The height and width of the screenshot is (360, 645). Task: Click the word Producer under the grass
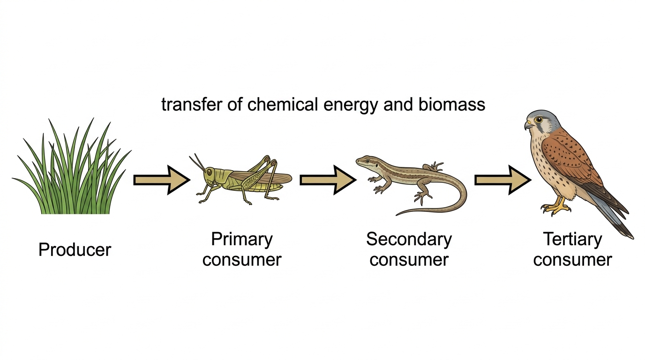(x=75, y=250)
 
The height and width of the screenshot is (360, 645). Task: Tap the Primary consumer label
(x=242, y=249)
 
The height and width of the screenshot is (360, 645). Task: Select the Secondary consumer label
(x=409, y=249)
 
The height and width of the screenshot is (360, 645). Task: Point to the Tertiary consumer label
(x=572, y=249)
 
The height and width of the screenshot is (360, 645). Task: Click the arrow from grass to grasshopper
(x=162, y=180)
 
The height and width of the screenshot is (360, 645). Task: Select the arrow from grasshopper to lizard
(x=328, y=180)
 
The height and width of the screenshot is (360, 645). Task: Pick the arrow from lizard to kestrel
(x=503, y=180)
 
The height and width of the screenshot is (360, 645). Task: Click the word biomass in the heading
(x=452, y=104)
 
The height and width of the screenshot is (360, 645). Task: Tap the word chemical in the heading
(x=283, y=104)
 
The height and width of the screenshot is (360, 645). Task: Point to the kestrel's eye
(x=538, y=120)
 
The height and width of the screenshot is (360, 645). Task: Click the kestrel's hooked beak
(x=528, y=125)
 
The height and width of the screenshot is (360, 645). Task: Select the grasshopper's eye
(x=210, y=172)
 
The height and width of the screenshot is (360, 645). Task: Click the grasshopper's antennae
(x=197, y=162)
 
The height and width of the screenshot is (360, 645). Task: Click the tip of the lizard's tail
(x=397, y=215)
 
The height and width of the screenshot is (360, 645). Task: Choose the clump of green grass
(x=72, y=166)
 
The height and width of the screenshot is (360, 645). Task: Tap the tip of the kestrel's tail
(x=632, y=237)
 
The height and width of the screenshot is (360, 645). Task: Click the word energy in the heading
(x=351, y=105)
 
